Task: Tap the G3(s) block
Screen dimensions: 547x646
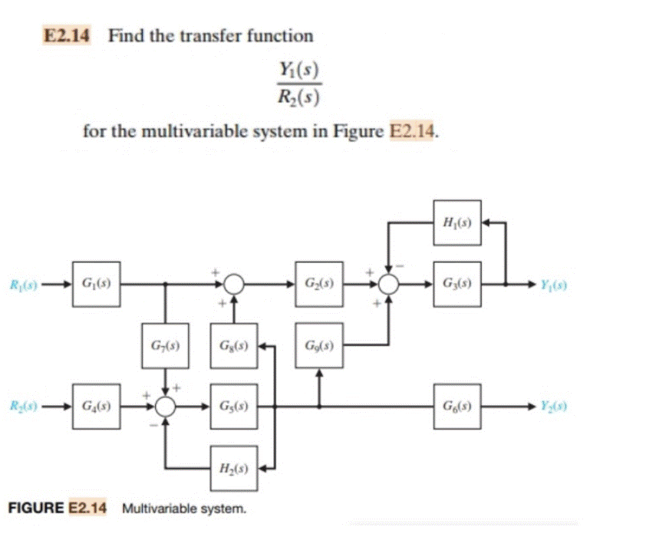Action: (x=456, y=284)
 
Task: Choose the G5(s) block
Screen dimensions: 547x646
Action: (x=234, y=406)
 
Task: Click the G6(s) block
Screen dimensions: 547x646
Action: (x=456, y=406)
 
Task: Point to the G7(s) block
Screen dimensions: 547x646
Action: (x=166, y=345)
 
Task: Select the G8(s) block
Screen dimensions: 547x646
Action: (x=234, y=345)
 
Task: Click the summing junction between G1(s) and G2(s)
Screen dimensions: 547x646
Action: (x=234, y=285)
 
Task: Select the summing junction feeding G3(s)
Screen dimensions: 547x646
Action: (x=390, y=285)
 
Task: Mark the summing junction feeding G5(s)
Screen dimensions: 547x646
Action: (x=166, y=407)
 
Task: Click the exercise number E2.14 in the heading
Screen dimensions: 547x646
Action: (x=66, y=35)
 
